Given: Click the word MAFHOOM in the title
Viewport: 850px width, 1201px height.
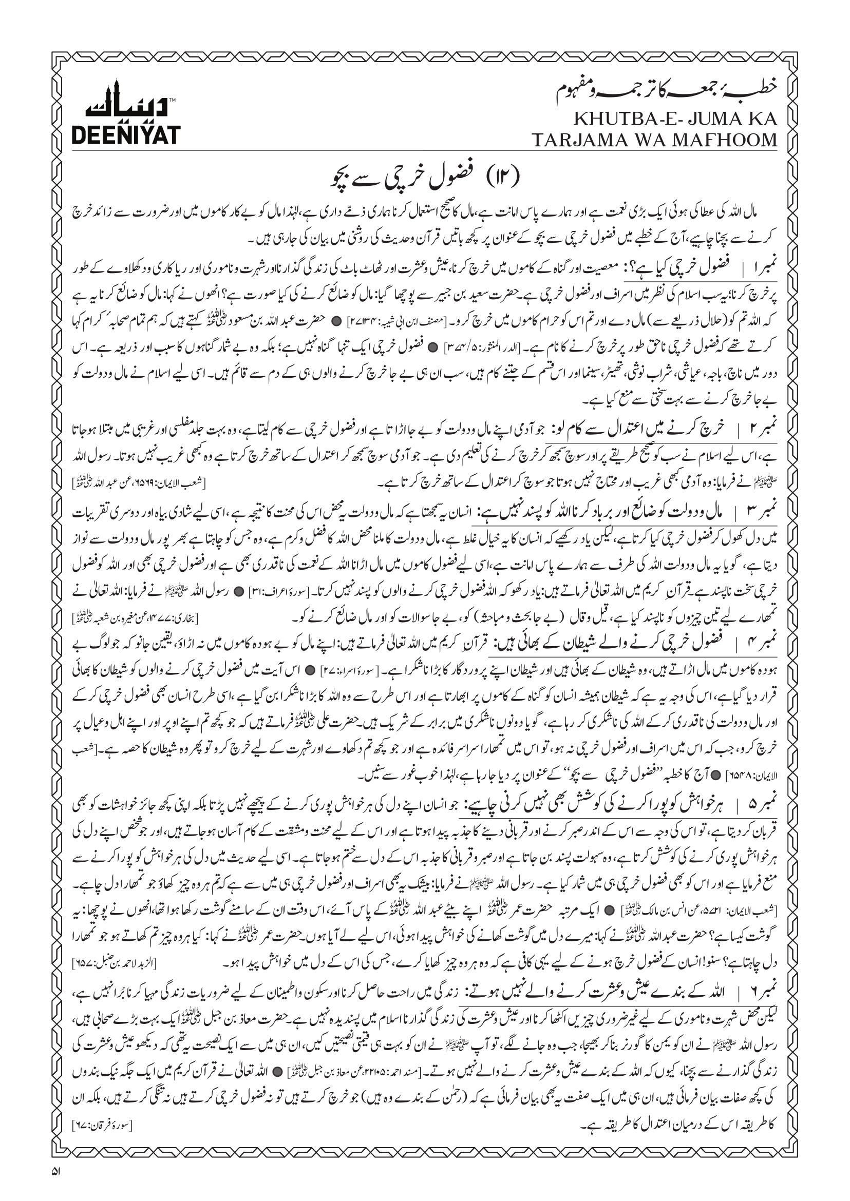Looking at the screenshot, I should point(730,140).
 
